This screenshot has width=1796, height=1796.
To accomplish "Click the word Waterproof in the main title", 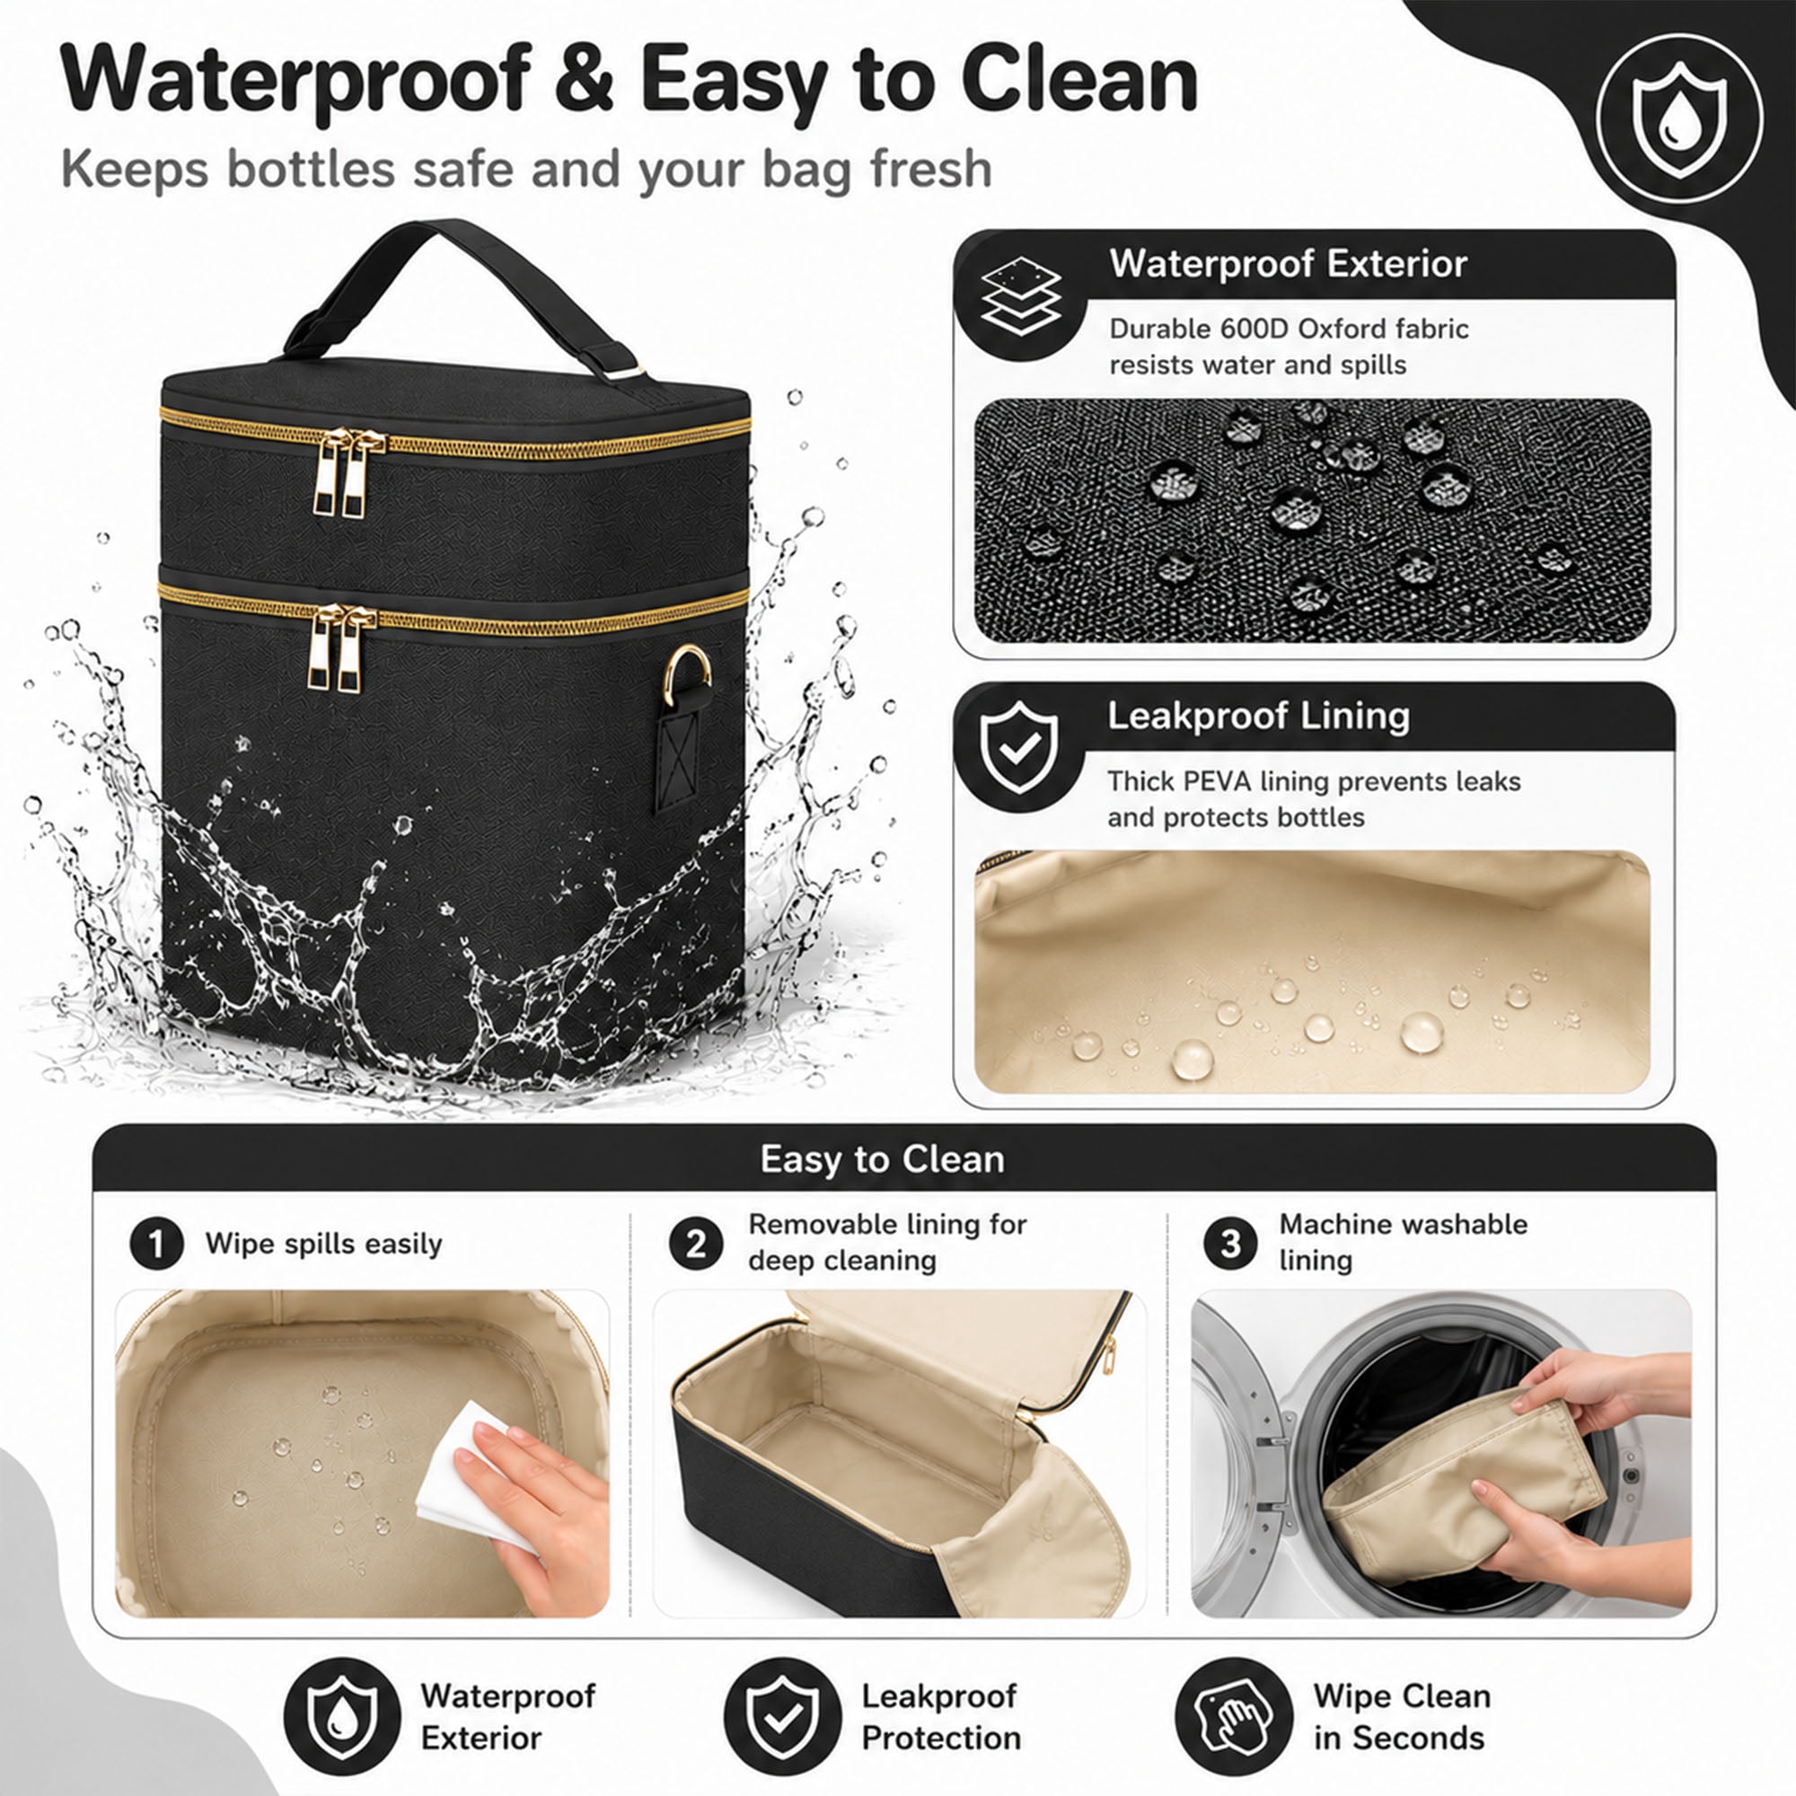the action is pos(295,81).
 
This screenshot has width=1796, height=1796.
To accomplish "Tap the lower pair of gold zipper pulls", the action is pos(342,648).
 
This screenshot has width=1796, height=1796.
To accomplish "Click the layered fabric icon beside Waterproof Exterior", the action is pos(1021,295).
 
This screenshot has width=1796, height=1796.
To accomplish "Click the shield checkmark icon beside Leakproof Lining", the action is pos(1019,747).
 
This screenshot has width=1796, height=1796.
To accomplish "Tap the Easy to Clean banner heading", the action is pos(882,1159).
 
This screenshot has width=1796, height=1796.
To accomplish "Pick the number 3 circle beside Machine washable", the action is pos(1230,1243).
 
